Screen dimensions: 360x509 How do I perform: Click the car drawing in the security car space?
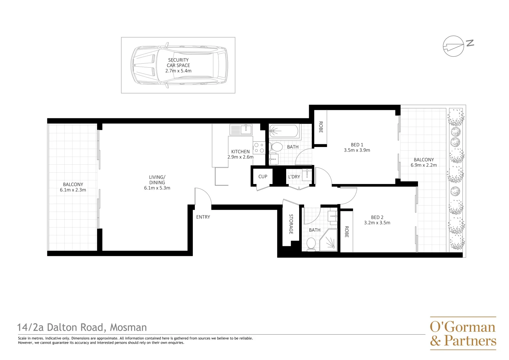coord(179,65)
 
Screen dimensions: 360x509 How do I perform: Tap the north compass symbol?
coord(453,46)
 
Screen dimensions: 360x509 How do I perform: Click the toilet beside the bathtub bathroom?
coord(275,147)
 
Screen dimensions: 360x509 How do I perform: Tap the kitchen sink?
coord(241,129)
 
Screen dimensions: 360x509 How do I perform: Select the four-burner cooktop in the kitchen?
coord(259,148)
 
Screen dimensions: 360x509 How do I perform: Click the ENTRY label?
coord(203,217)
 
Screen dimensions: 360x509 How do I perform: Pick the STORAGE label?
coord(291,224)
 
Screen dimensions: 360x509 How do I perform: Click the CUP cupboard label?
coord(262,177)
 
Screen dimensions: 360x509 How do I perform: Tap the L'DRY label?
coord(294,177)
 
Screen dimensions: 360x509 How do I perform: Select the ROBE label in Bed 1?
coord(320,127)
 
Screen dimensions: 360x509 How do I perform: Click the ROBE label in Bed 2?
coord(346,232)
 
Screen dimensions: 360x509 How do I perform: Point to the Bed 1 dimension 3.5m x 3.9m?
coord(357,150)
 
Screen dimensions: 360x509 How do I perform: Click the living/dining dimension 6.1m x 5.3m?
coord(157,188)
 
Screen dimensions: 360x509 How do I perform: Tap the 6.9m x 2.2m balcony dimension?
coord(423,165)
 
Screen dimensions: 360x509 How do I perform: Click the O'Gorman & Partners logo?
coord(463,333)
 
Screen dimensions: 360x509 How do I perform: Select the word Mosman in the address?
coord(128,328)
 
